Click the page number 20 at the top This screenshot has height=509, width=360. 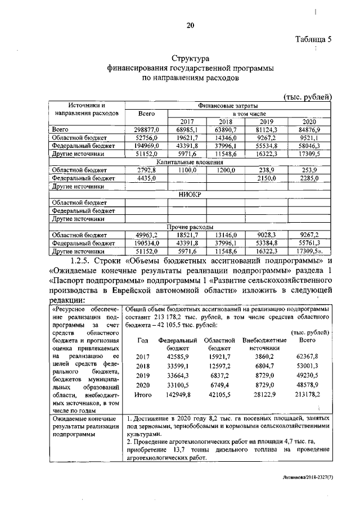[x=190, y=25]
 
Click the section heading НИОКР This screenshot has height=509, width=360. [x=190, y=193]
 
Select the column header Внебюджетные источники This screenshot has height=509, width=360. [x=264, y=344]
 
